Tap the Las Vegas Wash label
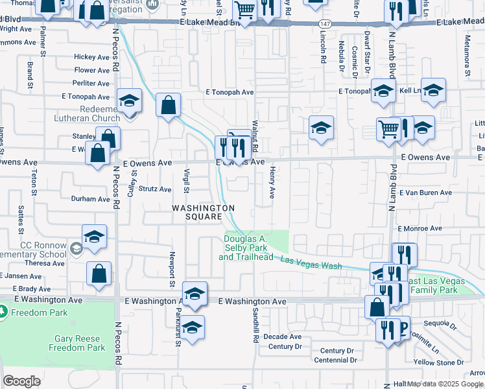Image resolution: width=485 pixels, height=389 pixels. click(x=311, y=263)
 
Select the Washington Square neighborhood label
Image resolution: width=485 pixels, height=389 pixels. click(x=203, y=212)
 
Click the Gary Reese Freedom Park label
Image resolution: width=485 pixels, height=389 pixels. click(x=77, y=343)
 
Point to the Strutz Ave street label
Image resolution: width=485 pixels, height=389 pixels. click(x=156, y=189)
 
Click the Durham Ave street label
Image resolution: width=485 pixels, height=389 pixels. click(x=91, y=199)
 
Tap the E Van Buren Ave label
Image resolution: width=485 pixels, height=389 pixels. click(x=425, y=193)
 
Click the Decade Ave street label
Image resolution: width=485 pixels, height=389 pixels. click(x=282, y=336)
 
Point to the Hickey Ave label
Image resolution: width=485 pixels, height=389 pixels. click(x=91, y=57)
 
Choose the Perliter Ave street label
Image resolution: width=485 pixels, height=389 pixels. click(x=91, y=83)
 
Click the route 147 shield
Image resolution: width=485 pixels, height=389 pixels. click(x=325, y=23)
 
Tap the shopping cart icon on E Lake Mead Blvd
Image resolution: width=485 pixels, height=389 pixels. click(x=244, y=10)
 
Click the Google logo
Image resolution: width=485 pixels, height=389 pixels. click(x=21, y=381)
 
